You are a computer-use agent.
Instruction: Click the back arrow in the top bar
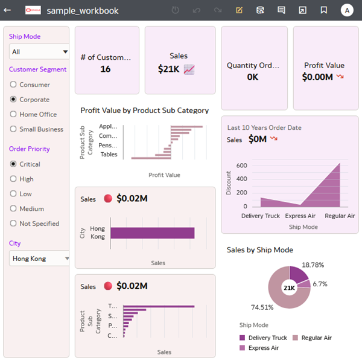[x=8, y=10]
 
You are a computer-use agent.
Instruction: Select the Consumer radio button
[x=13, y=85]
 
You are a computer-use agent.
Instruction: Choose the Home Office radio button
[x=13, y=114]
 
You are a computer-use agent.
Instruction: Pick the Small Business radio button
[x=13, y=129]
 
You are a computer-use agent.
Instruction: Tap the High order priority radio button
[x=13, y=179]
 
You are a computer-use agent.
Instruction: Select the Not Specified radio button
[x=13, y=223]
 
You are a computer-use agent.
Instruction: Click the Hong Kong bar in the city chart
[x=152, y=233]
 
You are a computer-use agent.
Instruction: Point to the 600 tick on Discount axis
[x=241, y=166]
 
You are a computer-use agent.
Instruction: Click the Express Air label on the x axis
[x=300, y=216]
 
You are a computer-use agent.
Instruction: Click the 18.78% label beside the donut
[x=313, y=265]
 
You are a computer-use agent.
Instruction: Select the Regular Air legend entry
[x=316, y=338]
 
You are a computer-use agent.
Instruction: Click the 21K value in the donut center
[x=289, y=288]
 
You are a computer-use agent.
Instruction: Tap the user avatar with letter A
[x=346, y=10]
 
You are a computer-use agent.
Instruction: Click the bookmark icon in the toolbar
[x=324, y=10]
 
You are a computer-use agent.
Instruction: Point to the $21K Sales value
[x=168, y=69]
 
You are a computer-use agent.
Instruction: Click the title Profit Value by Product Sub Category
[x=145, y=111]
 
